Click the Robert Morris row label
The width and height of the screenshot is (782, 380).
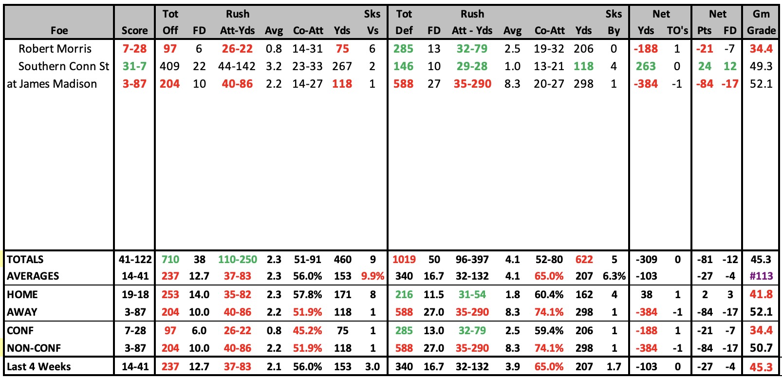(x=55, y=49)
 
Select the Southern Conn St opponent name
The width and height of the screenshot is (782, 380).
(x=64, y=66)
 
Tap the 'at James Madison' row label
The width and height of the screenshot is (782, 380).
(x=52, y=84)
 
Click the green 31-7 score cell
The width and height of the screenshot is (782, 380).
(x=134, y=66)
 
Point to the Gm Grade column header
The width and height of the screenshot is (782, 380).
(x=761, y=22)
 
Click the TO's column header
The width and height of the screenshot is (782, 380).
(x=677, y=30)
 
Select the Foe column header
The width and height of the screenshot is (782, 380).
(x=59, y=30)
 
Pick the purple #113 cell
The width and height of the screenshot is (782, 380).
(x=761, y=276)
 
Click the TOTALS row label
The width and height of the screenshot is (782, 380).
(x=25, y=260)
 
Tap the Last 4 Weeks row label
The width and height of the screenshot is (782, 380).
(x=39, y=366)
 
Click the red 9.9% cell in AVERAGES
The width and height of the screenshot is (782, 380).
(x=372, y=276)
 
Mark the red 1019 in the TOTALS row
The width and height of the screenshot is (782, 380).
(x=404, y=260)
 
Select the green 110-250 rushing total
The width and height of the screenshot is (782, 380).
(x=238, y=260)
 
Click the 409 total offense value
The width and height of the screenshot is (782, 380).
(x=169, y=66)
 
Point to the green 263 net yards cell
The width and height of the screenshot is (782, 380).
(x=646, y=66)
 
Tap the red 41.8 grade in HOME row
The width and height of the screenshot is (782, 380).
(x=761, y=294)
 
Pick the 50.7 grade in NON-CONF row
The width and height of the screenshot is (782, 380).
(x=761, y=348)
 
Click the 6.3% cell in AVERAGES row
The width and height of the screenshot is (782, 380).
(x=614, y=276)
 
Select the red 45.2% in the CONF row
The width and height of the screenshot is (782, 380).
(x=307, y=330)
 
